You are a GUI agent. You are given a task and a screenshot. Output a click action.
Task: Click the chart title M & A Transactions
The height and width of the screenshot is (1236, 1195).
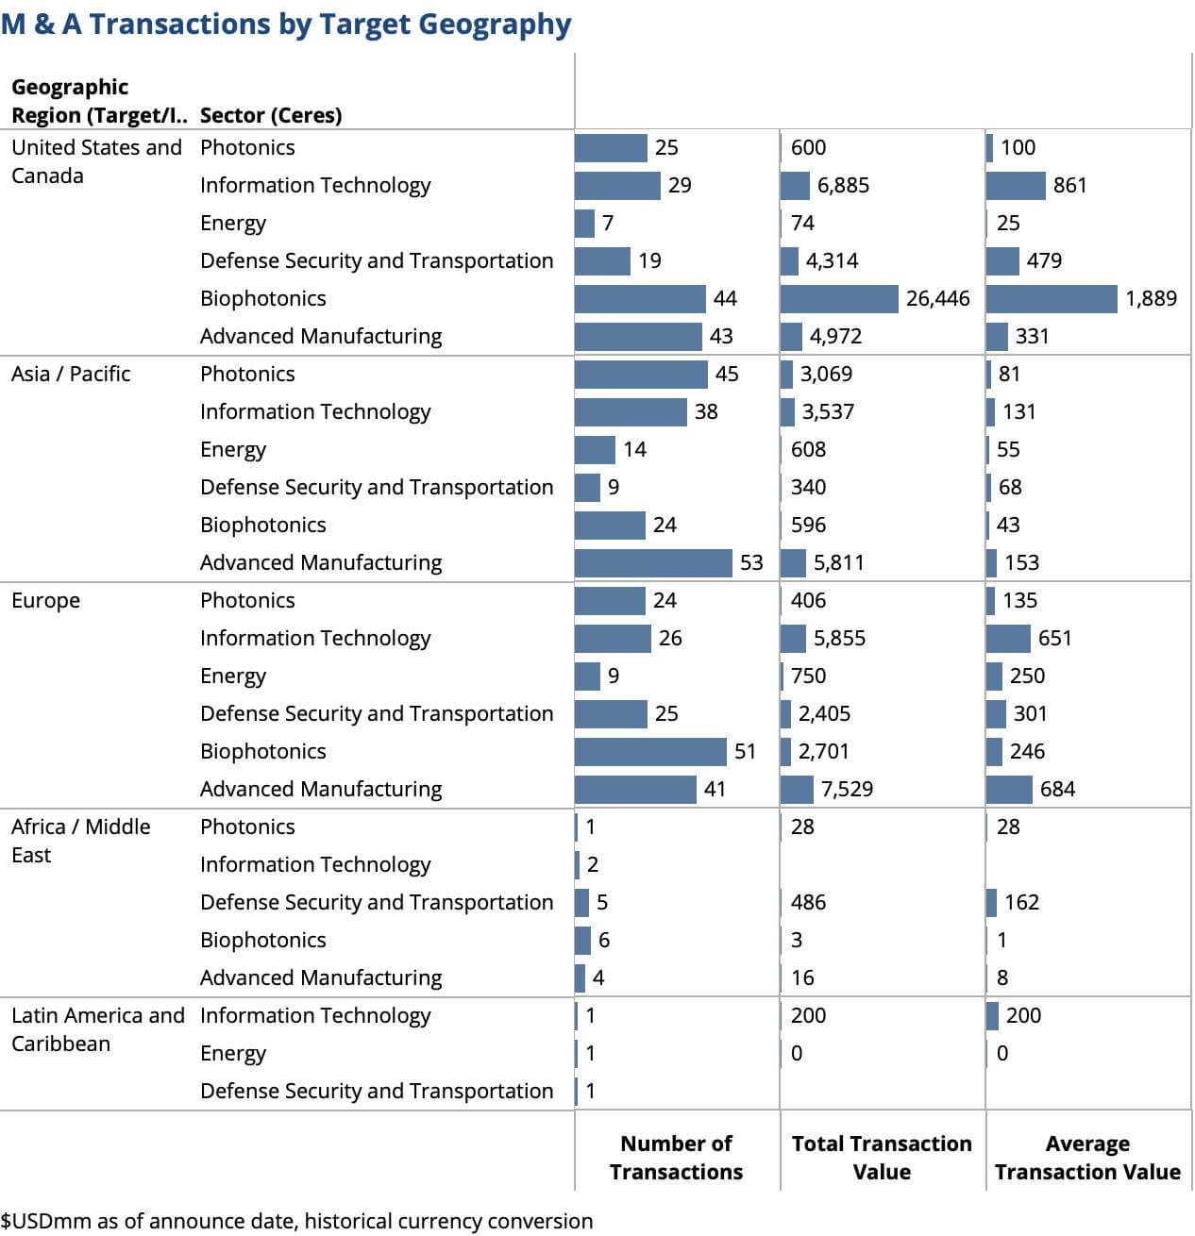pos(286,24)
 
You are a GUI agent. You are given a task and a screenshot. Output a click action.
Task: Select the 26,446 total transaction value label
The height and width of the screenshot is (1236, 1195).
pos(937,299)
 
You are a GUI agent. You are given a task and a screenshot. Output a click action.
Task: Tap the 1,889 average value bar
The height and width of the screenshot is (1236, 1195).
pos(1052,299)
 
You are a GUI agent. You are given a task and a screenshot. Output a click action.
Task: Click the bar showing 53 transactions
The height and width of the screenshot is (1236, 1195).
pos(653,563)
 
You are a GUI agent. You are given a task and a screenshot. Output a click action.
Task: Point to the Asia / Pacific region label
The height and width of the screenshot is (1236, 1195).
pos(71,375)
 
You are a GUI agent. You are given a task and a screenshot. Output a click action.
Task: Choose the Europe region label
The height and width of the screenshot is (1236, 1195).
pos(45,601)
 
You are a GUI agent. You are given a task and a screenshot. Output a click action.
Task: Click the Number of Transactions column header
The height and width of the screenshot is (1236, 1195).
pos(676,1158)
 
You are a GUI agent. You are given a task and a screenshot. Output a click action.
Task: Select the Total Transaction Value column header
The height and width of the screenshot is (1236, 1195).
pos(882,1158)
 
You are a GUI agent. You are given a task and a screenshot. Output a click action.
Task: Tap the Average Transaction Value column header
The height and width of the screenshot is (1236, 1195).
pos(1087,1158)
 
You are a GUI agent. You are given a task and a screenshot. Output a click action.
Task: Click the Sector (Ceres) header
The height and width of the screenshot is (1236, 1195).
pos(271,115)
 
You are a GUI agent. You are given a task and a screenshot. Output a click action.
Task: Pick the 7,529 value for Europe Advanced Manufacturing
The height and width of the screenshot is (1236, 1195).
pos(847,790)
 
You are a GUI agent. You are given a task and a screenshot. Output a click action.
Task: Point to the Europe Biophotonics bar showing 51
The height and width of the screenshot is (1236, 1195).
pos(650,752)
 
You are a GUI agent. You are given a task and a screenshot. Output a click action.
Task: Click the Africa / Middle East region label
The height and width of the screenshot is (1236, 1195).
pos(80,841)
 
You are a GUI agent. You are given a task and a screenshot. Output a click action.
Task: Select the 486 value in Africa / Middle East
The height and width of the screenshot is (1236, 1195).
pos(808,903)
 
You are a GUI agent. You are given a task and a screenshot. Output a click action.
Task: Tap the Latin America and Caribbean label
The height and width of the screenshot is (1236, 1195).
pos(97,1029)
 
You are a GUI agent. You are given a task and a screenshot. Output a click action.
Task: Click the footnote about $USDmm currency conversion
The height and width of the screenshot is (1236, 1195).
pos(297,1221)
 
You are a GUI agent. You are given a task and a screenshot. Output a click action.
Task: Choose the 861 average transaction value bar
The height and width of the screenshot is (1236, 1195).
pos(1016,186)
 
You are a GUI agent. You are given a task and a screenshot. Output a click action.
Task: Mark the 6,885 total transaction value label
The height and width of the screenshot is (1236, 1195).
pos(843,186)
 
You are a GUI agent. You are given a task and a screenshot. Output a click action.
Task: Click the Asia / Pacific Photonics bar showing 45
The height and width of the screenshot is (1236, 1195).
pos(641,375)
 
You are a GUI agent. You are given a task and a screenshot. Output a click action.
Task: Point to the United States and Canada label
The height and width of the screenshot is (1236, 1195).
pos(96,161)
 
